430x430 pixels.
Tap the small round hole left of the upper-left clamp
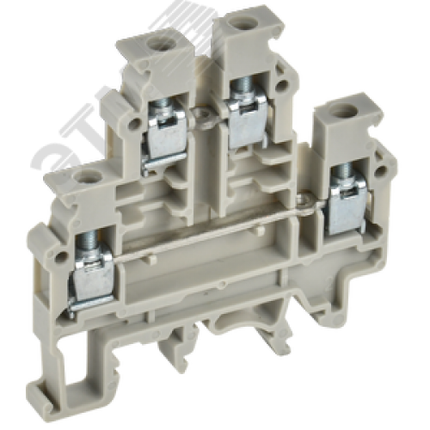[x=135, y=123]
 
